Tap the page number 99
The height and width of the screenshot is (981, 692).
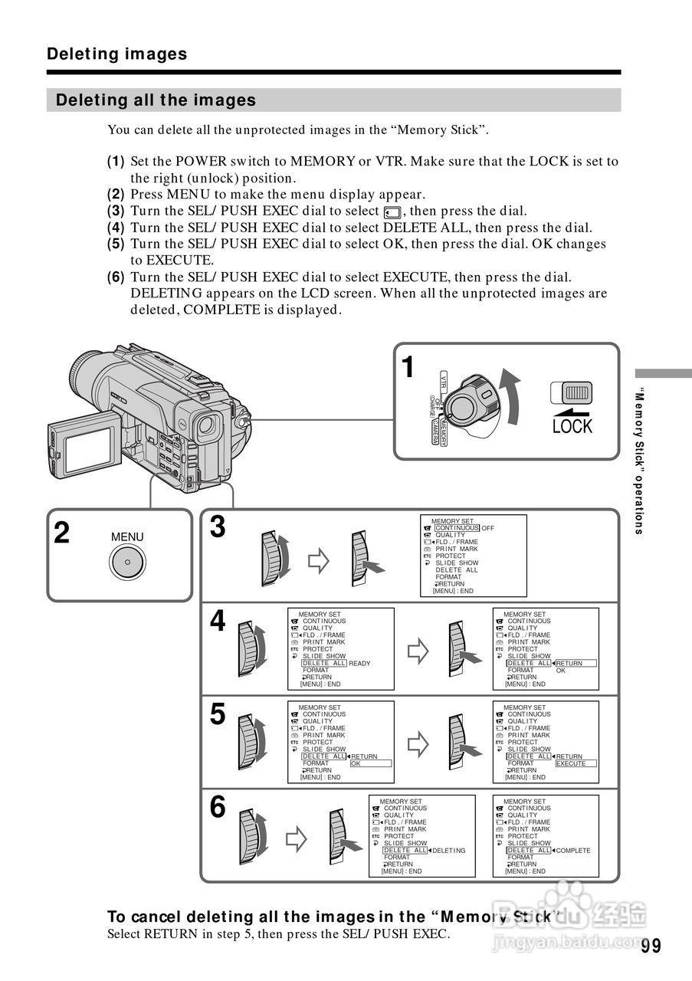point(651,945)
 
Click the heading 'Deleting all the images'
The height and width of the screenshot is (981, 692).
point(156,100)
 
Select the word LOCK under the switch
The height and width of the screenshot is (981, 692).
point(572,427)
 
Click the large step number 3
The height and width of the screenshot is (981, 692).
point(218,527)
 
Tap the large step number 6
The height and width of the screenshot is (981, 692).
point(218,807)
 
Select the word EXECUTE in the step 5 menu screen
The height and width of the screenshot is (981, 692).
point(571,763)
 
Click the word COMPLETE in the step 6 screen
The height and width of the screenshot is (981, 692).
point(573,851)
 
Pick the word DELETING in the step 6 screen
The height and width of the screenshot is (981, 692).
point(449,851)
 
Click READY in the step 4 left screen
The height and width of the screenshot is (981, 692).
point(359,664)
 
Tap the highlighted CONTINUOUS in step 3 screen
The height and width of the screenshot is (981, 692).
point(457,528)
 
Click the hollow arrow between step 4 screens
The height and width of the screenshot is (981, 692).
point(418,651)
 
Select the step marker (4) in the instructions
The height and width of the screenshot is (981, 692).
point(116,228)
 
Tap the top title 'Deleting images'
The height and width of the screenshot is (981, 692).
point(116,54)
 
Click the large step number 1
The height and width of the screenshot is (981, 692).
point(409,368)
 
